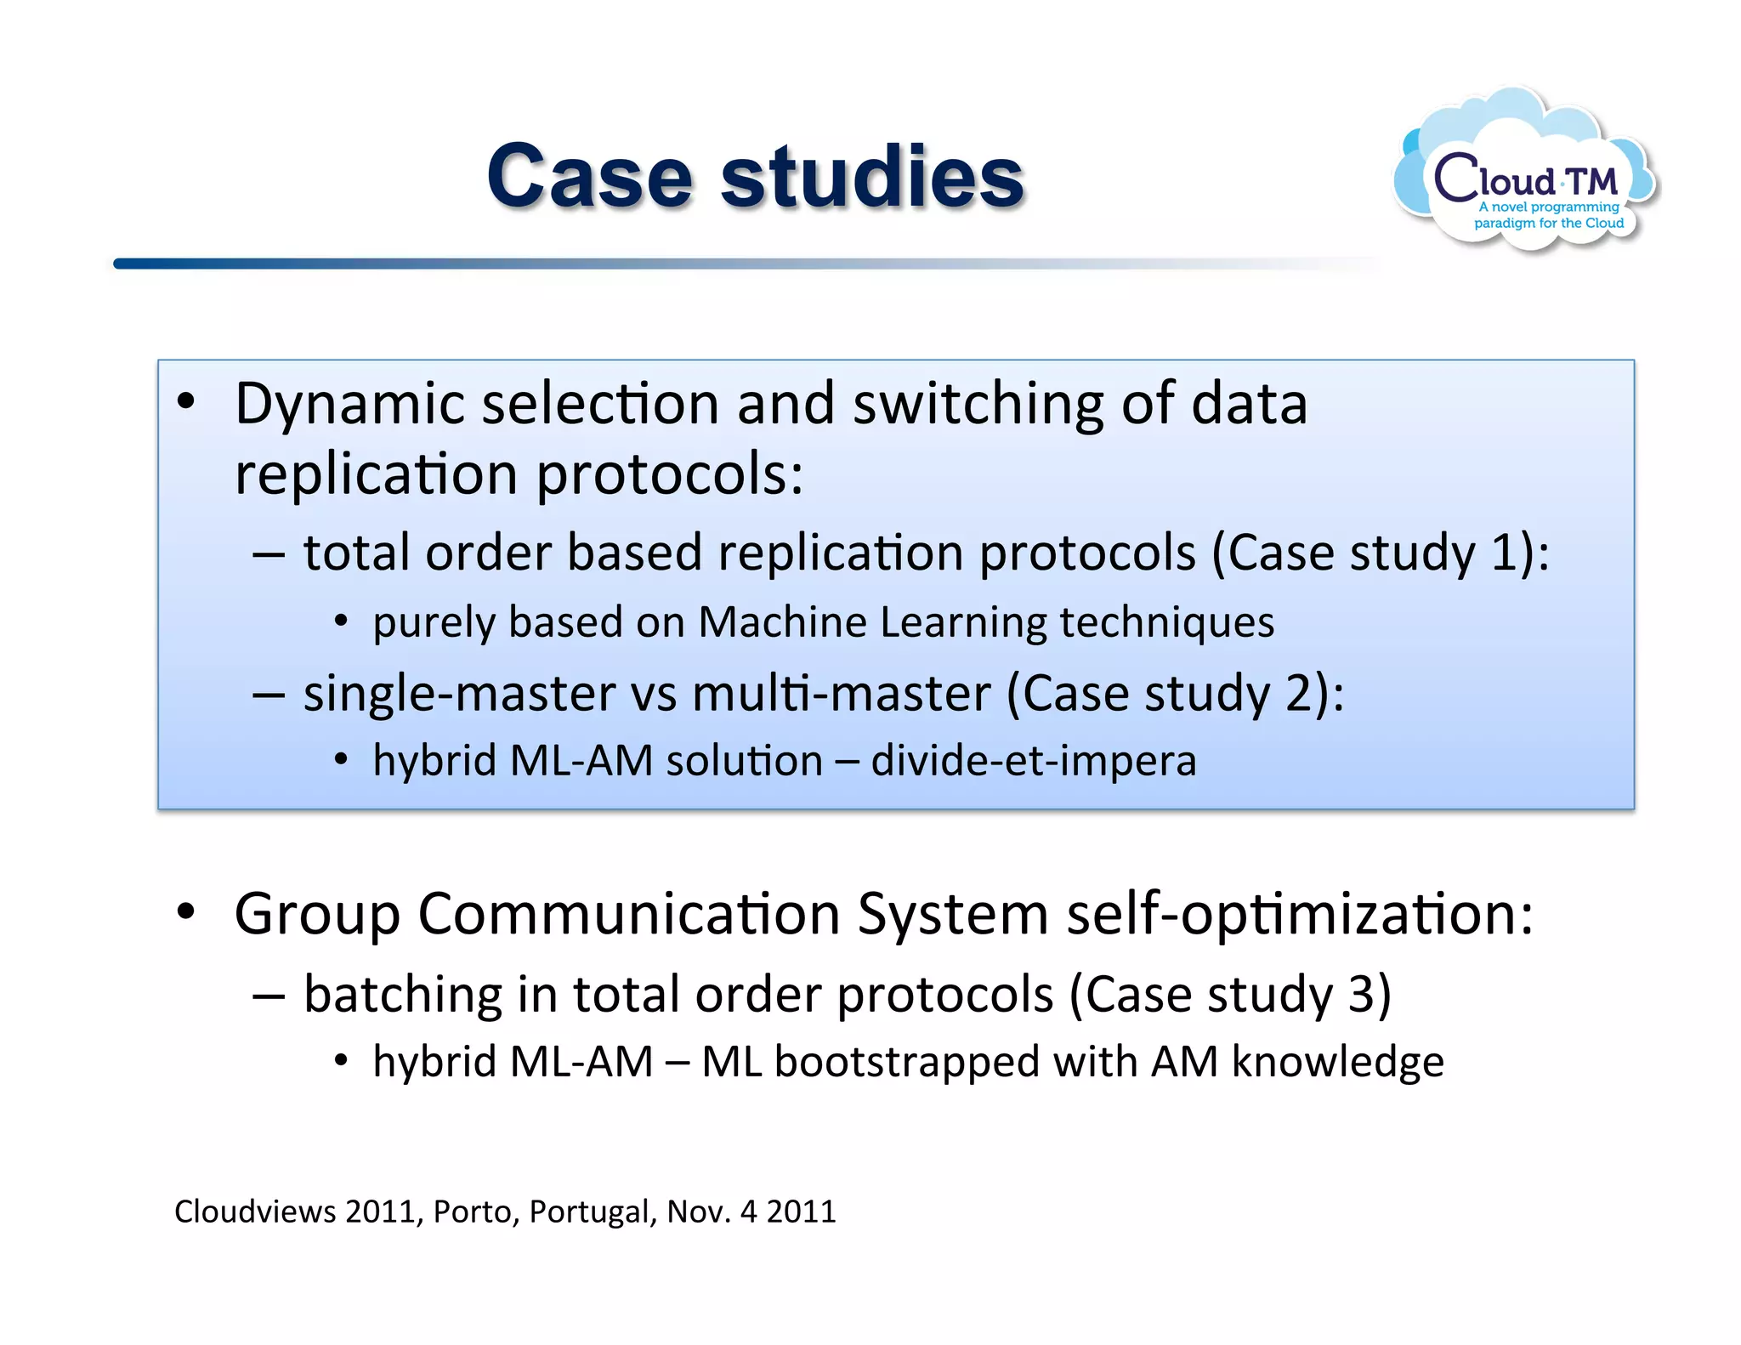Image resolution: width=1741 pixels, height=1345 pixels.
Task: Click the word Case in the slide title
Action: [x=589, y=176]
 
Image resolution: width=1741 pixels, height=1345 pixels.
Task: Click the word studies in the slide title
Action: [x=872, y=176]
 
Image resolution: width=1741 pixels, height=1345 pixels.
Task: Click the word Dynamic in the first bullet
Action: [x=349, y=405]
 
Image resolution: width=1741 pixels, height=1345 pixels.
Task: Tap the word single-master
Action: [x=459, y=693]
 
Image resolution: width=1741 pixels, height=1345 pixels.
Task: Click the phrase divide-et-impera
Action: [x=1033, y=760]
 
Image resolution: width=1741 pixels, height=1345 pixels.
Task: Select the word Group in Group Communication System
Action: [x=317, y=915]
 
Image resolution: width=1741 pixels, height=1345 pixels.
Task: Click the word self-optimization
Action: [x=1300, y=915]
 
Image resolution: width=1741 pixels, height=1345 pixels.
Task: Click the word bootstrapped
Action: [x=907, y=1062]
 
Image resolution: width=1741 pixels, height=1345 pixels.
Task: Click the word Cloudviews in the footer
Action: [x=255, y=1212]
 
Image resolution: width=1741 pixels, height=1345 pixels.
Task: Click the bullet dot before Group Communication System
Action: [x=186, y=913]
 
